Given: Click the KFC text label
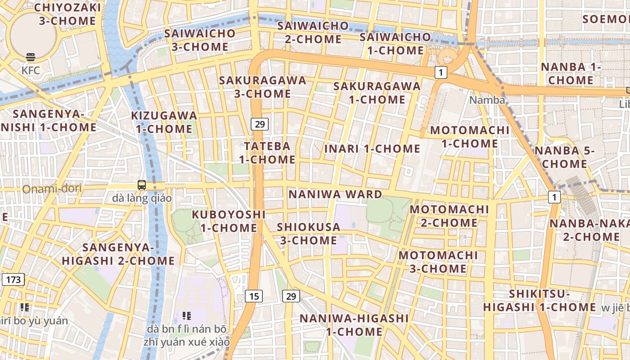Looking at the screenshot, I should [x=31, y=70].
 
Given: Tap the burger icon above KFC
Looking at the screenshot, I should [x=31, y=57].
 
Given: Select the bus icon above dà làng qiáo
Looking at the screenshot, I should [x=142, y=184].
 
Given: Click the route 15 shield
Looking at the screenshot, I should [x=254, y=296].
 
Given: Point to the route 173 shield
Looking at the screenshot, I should [x=13, y=279].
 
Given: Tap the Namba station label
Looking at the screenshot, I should [x=487, y=100].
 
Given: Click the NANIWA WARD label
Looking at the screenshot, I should [x=335, y=194].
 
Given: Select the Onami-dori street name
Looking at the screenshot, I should [x=52, y=189].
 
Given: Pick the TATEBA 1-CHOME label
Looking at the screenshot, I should [x=267, y=153].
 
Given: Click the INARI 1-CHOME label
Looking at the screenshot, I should [x=372, y=148].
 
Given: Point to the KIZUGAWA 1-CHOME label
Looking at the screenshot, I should [x=164, y=122].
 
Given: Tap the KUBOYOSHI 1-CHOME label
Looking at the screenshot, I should [x=229, y=221].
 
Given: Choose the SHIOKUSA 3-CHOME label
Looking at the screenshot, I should [x=309, y=234].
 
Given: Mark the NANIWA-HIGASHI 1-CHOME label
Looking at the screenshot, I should [x=354, y=325].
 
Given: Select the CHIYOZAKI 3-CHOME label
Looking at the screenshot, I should [x=67, y=14].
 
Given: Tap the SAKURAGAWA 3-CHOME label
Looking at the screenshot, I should [x=262, y=87].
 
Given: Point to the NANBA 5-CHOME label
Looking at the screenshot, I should [x=564, y=157].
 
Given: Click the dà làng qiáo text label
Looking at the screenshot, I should [x=142, y=198].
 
